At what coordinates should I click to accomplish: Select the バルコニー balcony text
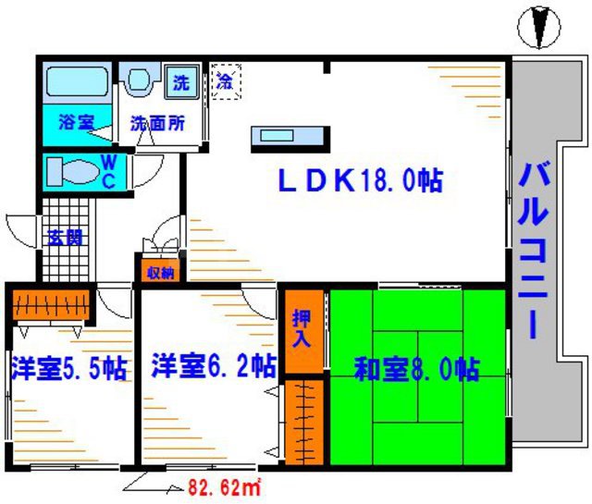point(536,250)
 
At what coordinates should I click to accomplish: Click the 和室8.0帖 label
point(417,370)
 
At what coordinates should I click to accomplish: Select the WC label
point(107,173)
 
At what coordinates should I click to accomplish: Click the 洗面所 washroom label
point(152,121)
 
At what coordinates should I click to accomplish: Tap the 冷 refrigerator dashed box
point(226,80)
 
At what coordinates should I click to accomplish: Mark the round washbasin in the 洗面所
point(141,80)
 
